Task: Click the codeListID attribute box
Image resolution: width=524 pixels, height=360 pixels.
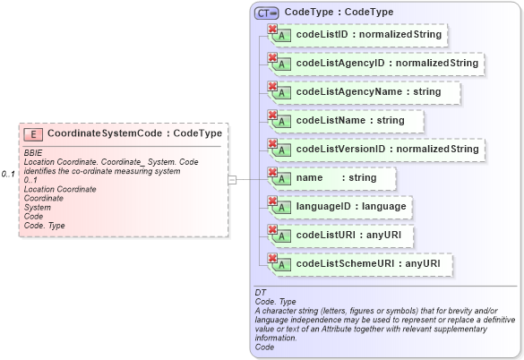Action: (x=358, y=35)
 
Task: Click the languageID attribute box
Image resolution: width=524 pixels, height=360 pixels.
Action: (x=341, y=207)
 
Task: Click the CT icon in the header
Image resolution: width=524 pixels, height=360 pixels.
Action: (x=266, y=13)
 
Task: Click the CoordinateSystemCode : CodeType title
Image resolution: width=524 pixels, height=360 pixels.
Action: (x=134, y=133)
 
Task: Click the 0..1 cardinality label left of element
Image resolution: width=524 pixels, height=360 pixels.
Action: (x=8, y=174)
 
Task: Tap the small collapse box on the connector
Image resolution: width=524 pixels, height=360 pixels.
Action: (x=233, y=179)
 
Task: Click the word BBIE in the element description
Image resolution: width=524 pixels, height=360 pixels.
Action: (x=32, y=153)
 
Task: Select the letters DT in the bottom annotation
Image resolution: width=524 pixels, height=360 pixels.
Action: (x=261, y=293)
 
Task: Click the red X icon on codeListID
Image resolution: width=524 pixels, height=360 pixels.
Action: (x=272, y=29)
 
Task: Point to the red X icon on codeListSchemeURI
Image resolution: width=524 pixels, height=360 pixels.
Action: (x=272, y=258)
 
